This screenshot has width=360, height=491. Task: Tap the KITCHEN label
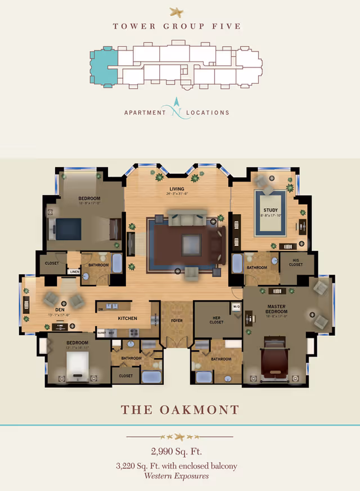(128, 318)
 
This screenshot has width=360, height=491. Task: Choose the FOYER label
(177, 321)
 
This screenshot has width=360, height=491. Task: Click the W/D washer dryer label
(236, 307)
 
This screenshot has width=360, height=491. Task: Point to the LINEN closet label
(74, 272)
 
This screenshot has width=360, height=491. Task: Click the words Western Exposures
(176, 476)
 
